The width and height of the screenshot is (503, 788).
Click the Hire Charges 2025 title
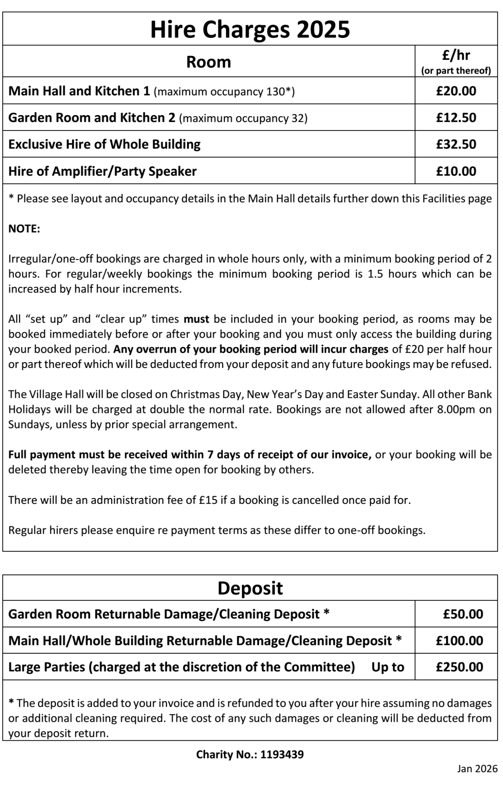pos(250,30)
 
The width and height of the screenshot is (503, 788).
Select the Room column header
pos(208,62)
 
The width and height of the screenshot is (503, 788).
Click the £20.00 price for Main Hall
pos(456,91)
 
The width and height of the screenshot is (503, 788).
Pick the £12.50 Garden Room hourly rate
pos(456,117)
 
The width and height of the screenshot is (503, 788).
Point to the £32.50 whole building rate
pos(456,144)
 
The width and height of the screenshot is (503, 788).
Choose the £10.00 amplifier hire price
pos(456,171)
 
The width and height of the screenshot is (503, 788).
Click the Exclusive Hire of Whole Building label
pos(104,144)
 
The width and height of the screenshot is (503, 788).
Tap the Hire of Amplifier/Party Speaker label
pos(102,171)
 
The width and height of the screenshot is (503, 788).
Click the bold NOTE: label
pos(24,229)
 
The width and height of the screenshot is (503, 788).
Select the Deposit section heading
pos(250,588)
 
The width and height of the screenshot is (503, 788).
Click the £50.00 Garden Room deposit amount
pos(463,614)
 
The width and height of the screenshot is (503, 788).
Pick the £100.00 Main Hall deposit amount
pos(459,640)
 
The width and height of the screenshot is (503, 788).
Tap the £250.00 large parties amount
pos(459,667)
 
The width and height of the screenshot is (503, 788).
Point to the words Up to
pos(388,667)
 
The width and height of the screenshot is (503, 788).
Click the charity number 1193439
pos(282,755)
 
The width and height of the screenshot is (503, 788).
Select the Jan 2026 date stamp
pos(477,769)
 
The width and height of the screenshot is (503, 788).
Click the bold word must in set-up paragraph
pos(196,319)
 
